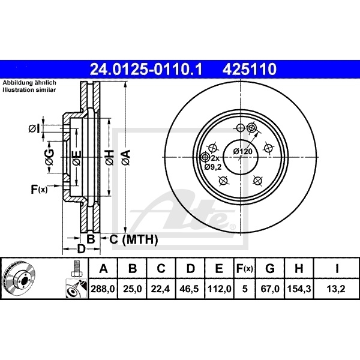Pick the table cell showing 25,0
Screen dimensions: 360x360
click(x=133, y=290)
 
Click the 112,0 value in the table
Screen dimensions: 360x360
click(x=220, y=290)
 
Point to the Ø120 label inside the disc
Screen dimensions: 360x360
click(x=242, y=151)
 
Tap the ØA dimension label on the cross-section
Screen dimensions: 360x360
click(x=125, y=158)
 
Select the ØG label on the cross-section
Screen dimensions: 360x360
click(x=50, y=158)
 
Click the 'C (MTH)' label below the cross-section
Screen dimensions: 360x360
click(x=133, y=240)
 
